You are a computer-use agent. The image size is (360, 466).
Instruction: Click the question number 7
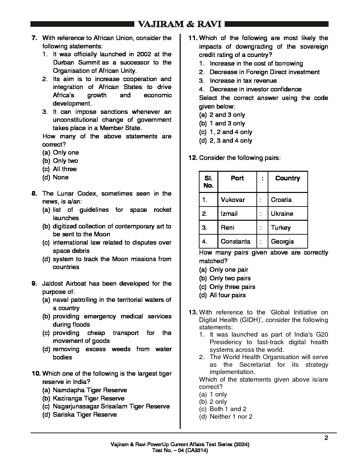click(34, 38)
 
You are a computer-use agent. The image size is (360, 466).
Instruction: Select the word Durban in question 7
click(64, 63)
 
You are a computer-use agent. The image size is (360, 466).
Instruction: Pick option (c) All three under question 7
click(65, 169)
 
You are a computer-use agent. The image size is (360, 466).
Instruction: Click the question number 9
click(34, 284)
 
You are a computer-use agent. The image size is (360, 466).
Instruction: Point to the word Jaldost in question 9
click(54, 284)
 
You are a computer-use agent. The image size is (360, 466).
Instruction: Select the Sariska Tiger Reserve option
click(85, 415)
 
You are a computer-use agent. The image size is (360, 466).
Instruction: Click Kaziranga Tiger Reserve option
click(89, 398)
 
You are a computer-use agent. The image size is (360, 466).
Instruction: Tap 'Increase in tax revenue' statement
click(243, 81)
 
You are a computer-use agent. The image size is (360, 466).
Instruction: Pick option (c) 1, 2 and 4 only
click(231, 132)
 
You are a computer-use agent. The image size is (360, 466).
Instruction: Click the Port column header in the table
click(237, 178)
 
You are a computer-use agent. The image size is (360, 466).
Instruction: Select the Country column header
click(288, 178)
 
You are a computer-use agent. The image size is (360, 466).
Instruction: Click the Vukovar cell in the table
click(233, 200)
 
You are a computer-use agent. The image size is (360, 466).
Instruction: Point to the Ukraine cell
click(282, 214)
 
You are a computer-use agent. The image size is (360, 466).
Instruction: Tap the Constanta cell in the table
click(236, 242)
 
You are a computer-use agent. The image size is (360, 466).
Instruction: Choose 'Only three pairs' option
click(232, 287)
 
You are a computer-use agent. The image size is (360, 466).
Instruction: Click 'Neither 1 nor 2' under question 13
click(231, 417)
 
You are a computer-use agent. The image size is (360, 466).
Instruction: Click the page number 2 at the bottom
click(326, 438)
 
